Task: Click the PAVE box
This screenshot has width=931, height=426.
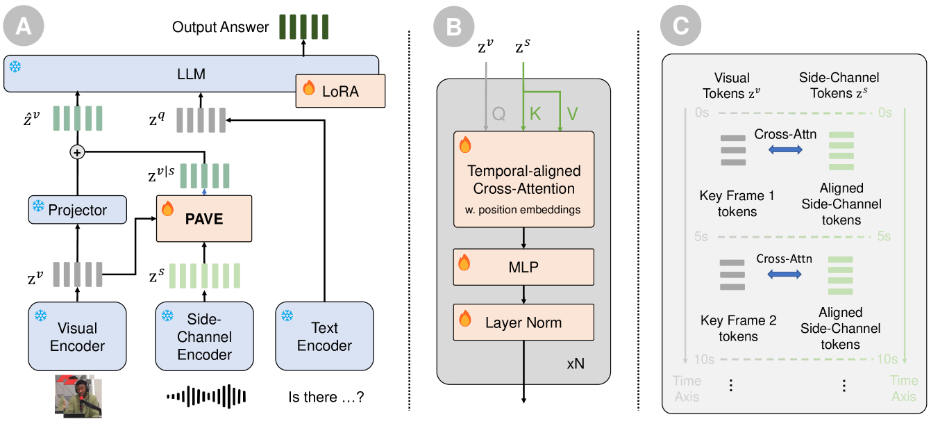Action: [203, 218]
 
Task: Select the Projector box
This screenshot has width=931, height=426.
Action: [78, 209]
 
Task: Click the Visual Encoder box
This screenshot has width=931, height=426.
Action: [77, 336]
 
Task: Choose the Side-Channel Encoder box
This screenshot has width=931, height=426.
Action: [204, 336]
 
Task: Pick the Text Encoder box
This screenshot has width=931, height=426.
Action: [324, 336]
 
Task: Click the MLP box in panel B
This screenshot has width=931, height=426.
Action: [523, 267]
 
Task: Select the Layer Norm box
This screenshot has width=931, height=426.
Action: [523, 322]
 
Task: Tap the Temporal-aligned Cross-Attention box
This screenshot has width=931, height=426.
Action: [523, 179]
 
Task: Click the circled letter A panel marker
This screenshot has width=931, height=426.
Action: [23, 27]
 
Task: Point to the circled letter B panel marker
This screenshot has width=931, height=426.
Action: [453, 27]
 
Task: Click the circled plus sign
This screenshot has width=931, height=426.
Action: [78, 152]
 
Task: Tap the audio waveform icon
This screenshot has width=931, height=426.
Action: [206, 397]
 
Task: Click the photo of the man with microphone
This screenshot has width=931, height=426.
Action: [78, 397]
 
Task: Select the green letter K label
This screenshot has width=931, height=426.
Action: [535, 114]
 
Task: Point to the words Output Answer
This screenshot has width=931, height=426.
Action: [220, 28]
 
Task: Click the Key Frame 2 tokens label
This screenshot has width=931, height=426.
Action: [738, 328]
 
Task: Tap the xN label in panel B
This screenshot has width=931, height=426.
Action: [576, 363]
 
